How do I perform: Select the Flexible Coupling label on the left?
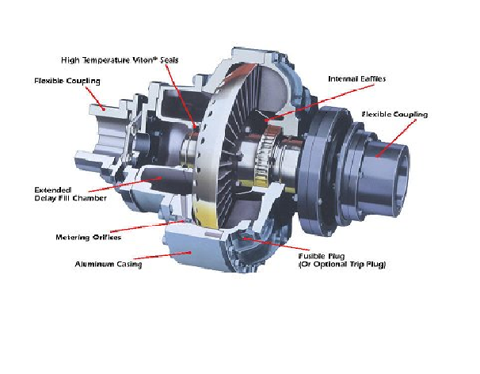(x=66, y=81)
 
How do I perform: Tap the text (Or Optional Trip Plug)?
(x=341, y=264)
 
